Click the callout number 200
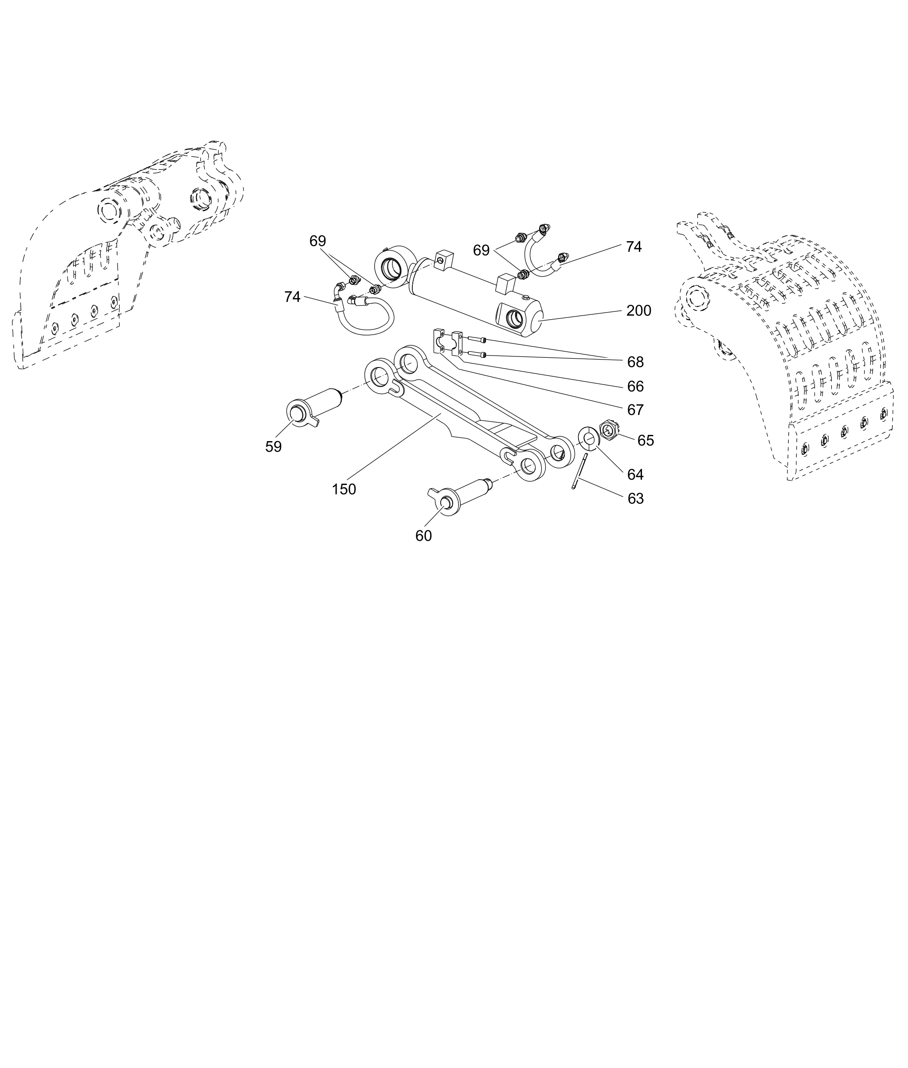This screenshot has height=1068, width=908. [x=639, y=311]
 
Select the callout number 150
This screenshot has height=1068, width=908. [x=344, y=489]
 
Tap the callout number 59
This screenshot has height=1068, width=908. [x=273, y=447]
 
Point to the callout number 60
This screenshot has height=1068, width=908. [x=424, y=536]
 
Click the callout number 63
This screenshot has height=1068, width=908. [x=636, y=499]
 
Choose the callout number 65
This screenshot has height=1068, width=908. [x=646, y=441]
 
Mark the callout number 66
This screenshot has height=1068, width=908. [x=636, y=386]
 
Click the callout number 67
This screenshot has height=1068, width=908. [x=636, y=410]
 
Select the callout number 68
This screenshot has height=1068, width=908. [x=636, y=362]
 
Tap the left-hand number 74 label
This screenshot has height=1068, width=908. [x=292, y=297]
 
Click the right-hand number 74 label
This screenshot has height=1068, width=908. [x=634, y=247]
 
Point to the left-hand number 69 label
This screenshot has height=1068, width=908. [x=317, y=241]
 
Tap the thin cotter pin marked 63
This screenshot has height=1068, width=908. [x=579, y=471]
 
